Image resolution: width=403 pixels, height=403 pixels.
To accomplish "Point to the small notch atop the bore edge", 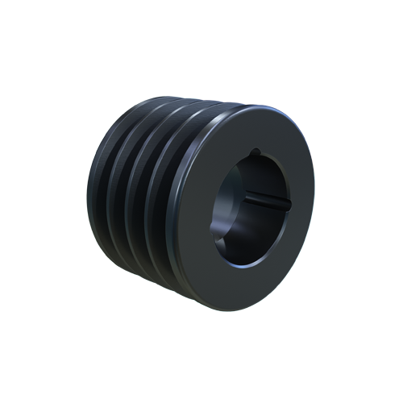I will click(256, 151).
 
